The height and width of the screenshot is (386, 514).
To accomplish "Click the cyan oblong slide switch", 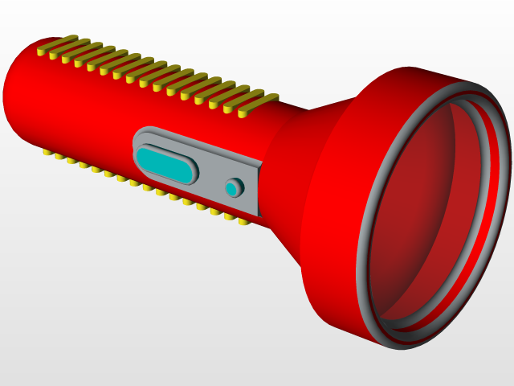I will point(165,163).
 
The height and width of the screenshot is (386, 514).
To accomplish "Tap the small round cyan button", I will point(231,188).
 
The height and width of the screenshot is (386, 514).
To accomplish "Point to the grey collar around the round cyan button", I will point(239,183).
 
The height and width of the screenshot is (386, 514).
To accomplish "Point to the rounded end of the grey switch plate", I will point(137,145).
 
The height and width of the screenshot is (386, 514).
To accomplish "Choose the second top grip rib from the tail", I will point(71,48).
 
